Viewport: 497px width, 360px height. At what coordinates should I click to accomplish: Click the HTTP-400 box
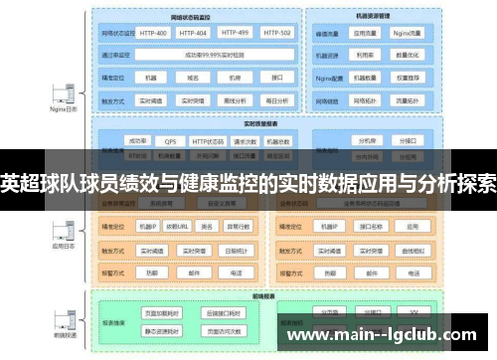click(154, 33)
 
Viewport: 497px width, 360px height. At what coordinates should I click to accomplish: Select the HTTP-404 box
click(196, 33)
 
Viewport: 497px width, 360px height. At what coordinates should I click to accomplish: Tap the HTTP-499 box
click(236, 33)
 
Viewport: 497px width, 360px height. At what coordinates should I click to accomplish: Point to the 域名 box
click(196, 78)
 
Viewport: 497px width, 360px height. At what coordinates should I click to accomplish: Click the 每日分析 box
click(276, 99)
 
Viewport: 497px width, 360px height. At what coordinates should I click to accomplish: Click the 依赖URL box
click(178, 226)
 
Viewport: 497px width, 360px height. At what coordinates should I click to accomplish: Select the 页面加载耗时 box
click(163, 312)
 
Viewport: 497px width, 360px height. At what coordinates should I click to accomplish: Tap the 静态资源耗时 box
click(163, 330)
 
